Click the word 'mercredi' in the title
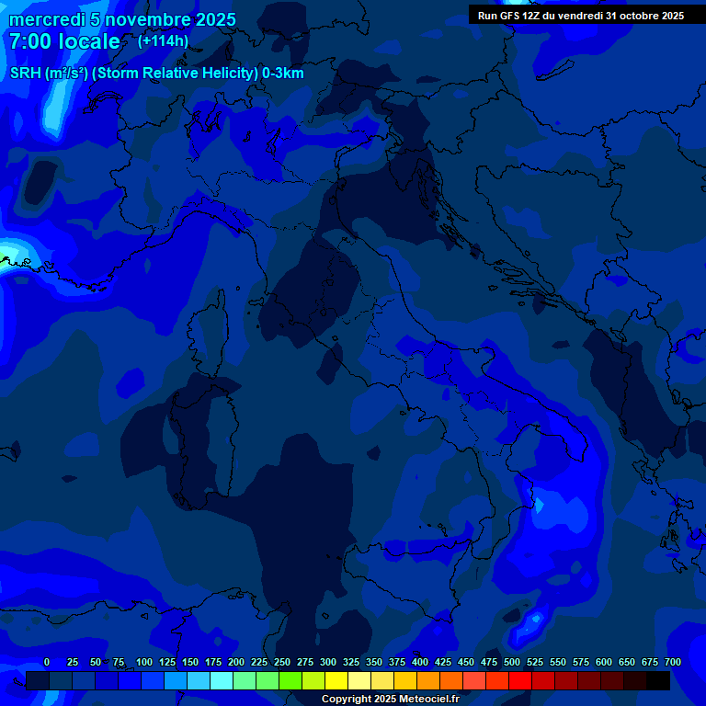(49, 19)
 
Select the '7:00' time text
(34, 41)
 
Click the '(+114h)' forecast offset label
(163, 41)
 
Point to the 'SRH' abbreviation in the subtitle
(25, 74)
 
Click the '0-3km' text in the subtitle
(283, 74)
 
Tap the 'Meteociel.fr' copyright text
(429, 700)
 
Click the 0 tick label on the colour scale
(47, 662)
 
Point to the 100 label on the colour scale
(144, 662)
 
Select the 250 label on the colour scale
(282, 662)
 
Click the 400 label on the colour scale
(420, 662)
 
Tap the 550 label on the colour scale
(558, 662)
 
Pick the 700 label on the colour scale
(673, 662)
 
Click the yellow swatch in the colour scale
(336, 680)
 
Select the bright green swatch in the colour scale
(290, 680)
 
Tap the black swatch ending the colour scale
(658, 680)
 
